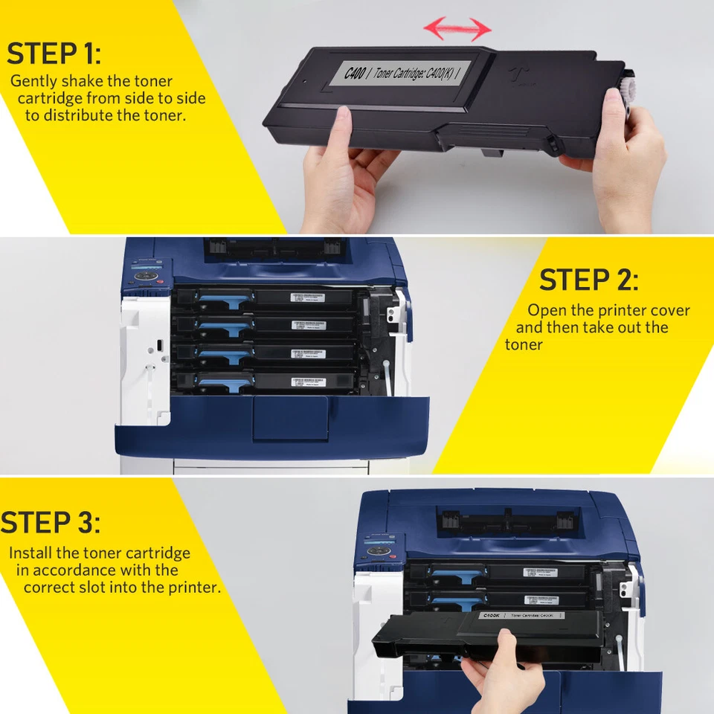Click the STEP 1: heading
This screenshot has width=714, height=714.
click(54, 54)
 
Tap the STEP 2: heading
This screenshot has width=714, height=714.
click(588, 280)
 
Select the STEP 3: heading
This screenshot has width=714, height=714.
click(51, 522)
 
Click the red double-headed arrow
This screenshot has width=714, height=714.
click(457, 30)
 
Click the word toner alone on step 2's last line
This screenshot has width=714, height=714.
click(524, 344)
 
